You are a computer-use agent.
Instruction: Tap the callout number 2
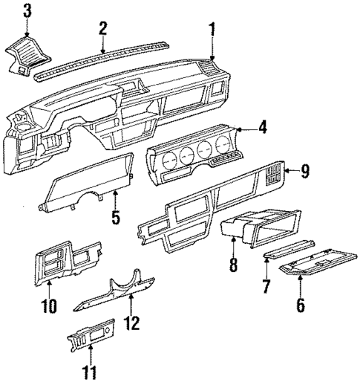(x=103, y=27)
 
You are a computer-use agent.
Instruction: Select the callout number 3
(x=27, y=10)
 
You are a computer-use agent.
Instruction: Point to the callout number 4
(x=263, y=129)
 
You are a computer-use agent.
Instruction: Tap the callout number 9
(x=305, y=172)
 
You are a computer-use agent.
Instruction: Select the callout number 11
(x=91, y=369)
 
